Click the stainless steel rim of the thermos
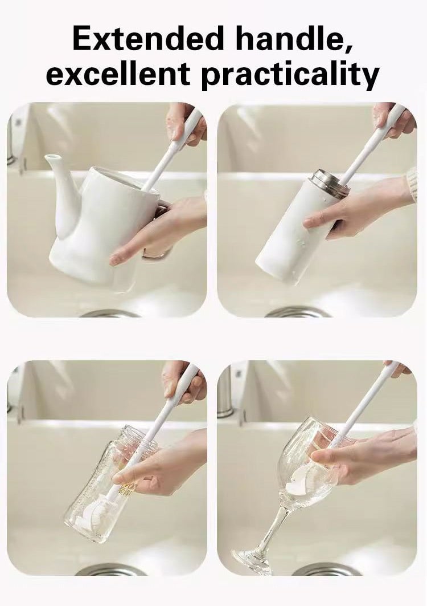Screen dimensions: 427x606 click(x=326, y=184)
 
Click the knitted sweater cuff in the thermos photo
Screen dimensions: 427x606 click(x=412, y=185)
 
